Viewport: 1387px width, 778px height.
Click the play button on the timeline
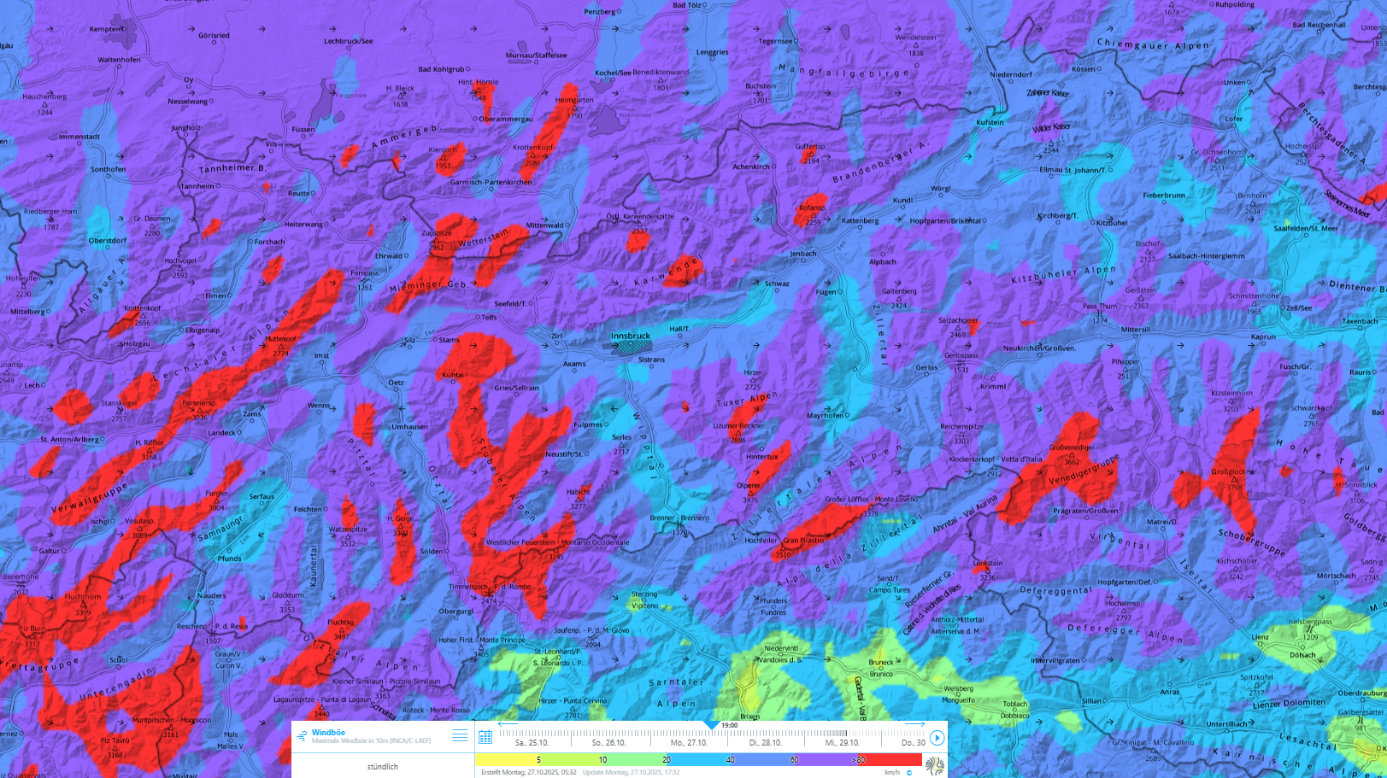click(x=937, y=738)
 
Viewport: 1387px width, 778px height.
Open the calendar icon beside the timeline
click(x=485, y=737)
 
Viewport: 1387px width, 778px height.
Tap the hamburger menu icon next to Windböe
click(x=460, y=735)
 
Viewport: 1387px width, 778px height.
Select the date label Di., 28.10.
click(x=766, y=743)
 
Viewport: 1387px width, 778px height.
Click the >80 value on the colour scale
click(x=858, y=759)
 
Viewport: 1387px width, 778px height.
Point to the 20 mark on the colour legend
click(x=667, y=759)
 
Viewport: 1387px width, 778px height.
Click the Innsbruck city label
click(x=631, y=336)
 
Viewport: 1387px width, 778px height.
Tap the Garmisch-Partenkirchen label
click(x=491, y=182)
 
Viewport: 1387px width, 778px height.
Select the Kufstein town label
click(x=990, y=122)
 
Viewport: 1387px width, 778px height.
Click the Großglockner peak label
click(x=1233, y=472)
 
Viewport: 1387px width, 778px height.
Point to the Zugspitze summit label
click(x=436, y=233)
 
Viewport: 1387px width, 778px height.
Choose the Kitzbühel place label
click(x=1112, y=223)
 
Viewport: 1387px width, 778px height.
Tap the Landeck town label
click(x=221, y=433)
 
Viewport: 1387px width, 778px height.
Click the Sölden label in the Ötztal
click(x=432, y=552)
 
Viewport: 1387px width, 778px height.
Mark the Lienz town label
click(x=1261, y=637)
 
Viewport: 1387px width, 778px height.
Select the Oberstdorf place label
click(x=108, y=241)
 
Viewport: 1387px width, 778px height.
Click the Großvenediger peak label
click(x=1072, y=447)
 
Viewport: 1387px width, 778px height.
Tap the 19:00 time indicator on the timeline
click(x=728, y=725)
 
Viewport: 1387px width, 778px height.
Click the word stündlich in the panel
click(x=382, y=767)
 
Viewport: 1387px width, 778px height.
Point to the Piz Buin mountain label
click(x=31, y=629)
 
